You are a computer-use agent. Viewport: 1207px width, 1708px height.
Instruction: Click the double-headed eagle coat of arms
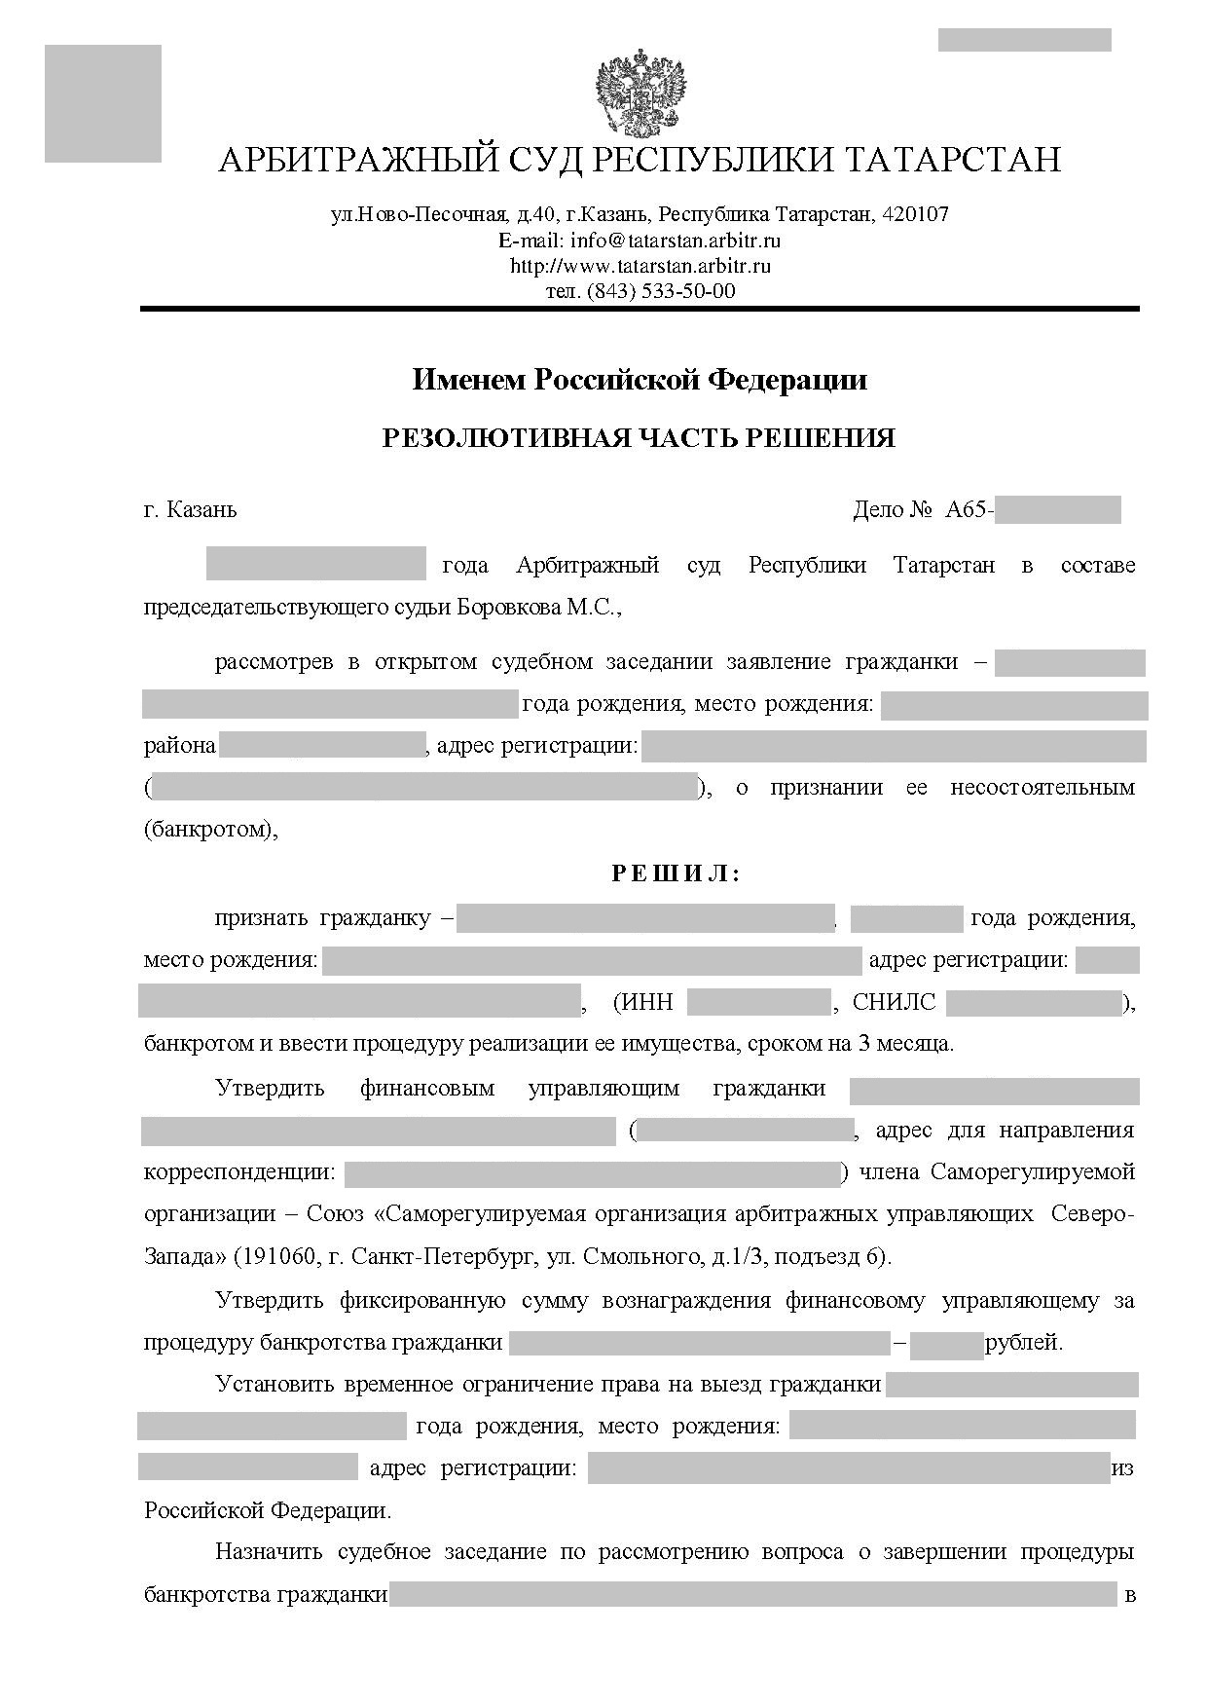point(640,93)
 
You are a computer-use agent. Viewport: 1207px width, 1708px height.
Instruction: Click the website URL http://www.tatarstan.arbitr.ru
point(640,265)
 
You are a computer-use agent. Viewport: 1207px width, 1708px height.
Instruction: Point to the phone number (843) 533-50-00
point(661,290)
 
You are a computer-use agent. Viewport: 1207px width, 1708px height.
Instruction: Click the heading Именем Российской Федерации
point(640,379)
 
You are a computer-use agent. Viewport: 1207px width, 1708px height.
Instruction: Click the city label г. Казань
point(190,509)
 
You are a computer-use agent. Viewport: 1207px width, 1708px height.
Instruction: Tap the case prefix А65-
point(969,509)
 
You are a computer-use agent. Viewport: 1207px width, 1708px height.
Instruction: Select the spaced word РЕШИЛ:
point(676,873)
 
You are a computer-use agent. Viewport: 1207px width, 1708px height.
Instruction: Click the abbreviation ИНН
point(647,1003)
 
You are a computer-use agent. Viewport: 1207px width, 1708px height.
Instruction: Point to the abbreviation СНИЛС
point(894,1003)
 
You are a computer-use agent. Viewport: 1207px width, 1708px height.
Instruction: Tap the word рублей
point(1024,1343)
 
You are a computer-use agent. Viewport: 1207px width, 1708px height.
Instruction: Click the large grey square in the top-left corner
point(102,103)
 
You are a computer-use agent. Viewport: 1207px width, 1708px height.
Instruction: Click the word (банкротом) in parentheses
point(210,830)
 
